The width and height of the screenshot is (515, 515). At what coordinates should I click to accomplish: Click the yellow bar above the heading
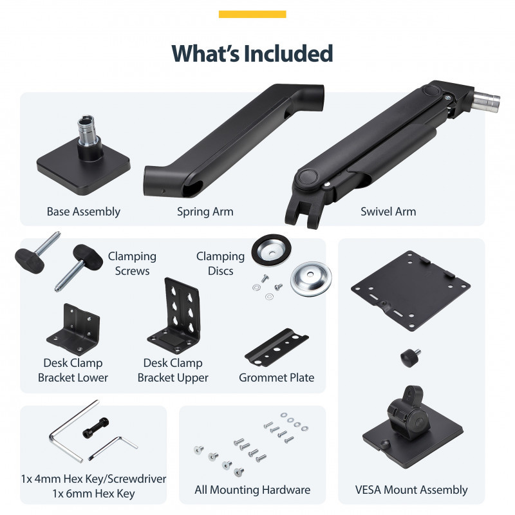(252, 14)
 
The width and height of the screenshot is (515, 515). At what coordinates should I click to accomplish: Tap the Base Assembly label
(84, 212)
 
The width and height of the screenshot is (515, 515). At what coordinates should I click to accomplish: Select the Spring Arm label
(205, 212)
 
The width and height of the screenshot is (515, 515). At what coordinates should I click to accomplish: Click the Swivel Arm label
(388, 212)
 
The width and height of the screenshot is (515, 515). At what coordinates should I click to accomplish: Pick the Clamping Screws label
(132, 263)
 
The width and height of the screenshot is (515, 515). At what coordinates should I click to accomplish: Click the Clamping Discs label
(220, 263)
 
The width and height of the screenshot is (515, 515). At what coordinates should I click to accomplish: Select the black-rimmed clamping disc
(271, 250)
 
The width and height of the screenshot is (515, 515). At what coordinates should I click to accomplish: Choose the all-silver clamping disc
(311, 279)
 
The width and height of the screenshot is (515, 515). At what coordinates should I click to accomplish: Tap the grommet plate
(276, 348)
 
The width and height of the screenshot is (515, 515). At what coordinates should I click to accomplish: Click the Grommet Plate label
(277, 378)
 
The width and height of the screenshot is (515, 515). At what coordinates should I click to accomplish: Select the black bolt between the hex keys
(95, 427)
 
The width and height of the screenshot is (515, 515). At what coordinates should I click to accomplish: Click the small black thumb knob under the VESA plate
(410, 358)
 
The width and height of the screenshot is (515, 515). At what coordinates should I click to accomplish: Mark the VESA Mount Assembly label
(411, 490)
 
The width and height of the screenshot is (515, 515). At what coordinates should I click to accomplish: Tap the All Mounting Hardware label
(252, 490)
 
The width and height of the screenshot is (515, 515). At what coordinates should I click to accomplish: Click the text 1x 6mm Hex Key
(93, 494)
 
